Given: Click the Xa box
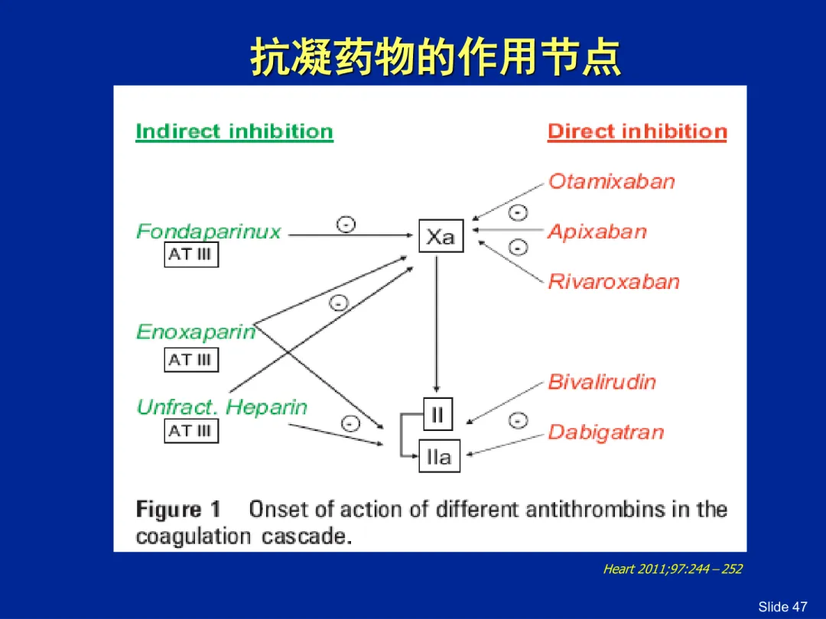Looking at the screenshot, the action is (441, 236).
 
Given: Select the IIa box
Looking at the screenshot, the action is (439, 455).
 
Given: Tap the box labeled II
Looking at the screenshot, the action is (437, 414).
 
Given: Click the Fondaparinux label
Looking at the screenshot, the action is (209, 231).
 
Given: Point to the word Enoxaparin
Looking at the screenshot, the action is (196, 332).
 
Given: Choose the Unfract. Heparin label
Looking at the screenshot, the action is (222, 407).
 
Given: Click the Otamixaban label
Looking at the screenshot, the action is (612, 181).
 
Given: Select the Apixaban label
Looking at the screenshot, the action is (597, 232).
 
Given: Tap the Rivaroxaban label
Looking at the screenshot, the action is (613, 281).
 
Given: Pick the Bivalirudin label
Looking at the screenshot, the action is (602, 381).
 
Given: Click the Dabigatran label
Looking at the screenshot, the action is (606, 432).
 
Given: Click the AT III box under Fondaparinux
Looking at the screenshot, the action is (191, 254).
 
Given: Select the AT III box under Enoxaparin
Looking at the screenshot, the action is (191, 360).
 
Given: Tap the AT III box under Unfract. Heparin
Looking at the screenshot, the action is (191, 430).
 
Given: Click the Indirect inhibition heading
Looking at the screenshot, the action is (235, 131).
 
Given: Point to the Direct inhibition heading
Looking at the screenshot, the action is (637, 131).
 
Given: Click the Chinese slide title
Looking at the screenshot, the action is (435, 57).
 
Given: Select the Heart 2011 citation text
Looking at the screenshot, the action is (673, 569).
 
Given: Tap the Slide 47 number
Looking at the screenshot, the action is (782, 606).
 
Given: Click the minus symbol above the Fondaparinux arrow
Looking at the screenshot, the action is (346, 225).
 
